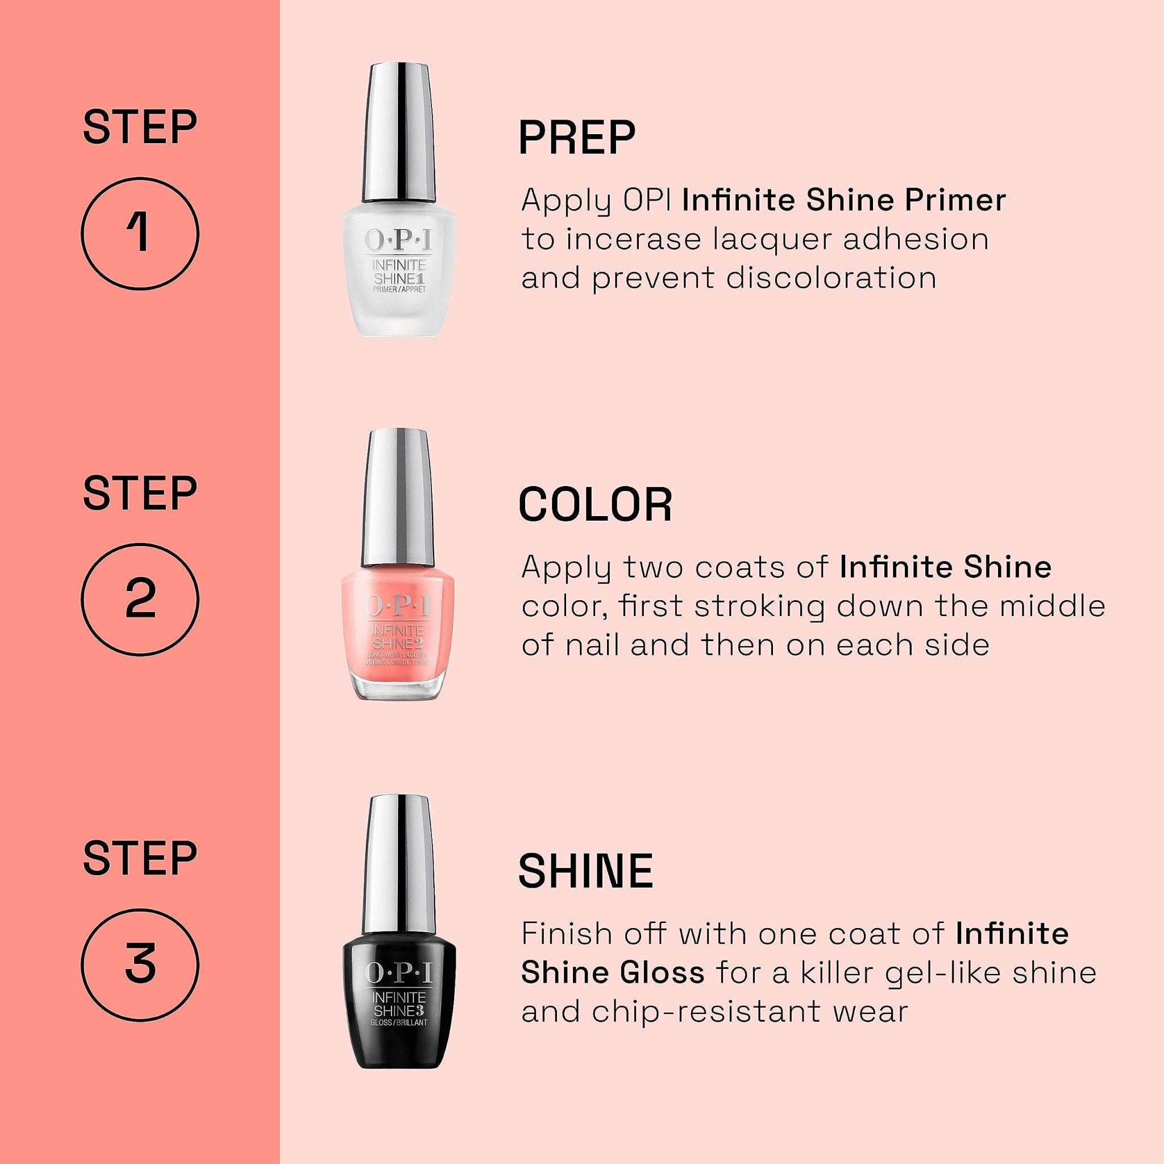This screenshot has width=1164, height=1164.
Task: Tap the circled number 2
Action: pyautogui.click(x=140, y=600)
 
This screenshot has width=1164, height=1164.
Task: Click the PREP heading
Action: pyautogui.click(x=576, y=138)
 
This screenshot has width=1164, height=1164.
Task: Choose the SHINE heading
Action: pyautogui.click(x=585, y=871)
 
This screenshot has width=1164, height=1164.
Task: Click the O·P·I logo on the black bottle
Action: pyautogui.click(x=398, y=972)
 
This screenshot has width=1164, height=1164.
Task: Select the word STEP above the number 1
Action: pyautogui.click(x=140, y=127)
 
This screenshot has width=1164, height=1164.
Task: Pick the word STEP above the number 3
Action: pyautogui.click(x=140, y=859)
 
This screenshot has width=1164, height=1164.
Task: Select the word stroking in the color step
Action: pyautogui.click(x=759, y=606)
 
